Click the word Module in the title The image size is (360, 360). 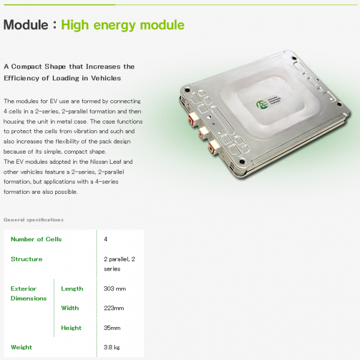26,25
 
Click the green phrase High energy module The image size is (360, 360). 122,25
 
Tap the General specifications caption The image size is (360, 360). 34,220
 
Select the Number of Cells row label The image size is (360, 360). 36,239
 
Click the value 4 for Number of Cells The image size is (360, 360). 106,239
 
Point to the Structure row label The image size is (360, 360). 26,259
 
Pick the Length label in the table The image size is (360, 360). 72,289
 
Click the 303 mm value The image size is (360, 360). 115,289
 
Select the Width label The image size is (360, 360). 70,308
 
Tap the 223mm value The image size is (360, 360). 113,308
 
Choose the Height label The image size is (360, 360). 71,328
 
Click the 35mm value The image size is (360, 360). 112,328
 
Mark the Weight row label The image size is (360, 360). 22,347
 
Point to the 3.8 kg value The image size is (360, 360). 112,347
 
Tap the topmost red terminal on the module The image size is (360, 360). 191,120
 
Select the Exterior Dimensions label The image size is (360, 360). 29,293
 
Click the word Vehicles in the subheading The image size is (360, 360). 106,78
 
